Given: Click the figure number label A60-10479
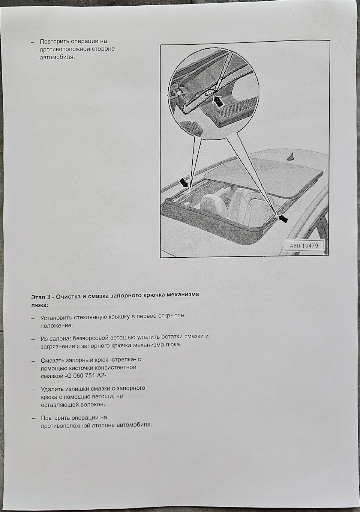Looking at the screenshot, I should pos(304,246).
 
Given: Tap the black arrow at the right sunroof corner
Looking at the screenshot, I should pos(283,218).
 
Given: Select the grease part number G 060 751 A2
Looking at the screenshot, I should pos(86,375).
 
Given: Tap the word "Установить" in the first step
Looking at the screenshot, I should pos(57,317).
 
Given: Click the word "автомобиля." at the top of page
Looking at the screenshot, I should pos(57,57).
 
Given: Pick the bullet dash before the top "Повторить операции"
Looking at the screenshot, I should pos(33,42).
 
